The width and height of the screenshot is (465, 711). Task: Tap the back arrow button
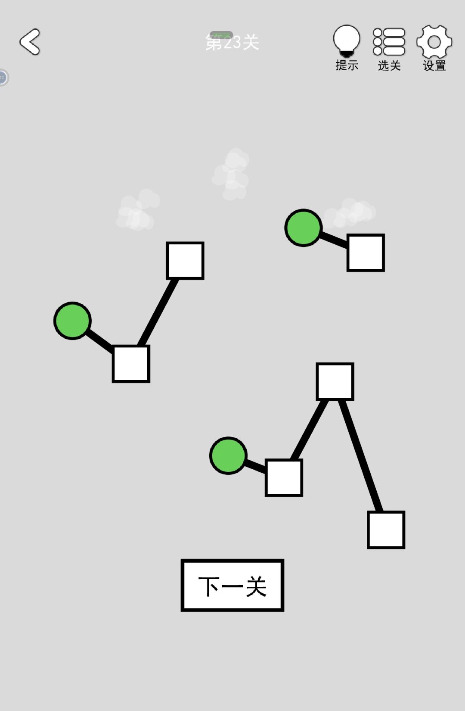(x=30, y=41)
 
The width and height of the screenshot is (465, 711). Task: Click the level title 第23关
(x=232, y=42)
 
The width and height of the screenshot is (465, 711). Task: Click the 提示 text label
(x=347, y=65)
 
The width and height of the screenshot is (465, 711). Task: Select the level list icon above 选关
(x=389, y=41)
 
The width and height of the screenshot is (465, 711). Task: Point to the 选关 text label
(x=389, y=65)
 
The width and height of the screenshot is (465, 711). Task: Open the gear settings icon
(x=434, y=41)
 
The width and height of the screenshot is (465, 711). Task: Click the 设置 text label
(x=434, y=65)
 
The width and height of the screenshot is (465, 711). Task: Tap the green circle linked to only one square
(x=304, y=228)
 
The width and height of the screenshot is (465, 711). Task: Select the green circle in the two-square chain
(x=72, y=321)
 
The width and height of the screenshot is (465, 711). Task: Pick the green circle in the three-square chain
(x=228, y=455)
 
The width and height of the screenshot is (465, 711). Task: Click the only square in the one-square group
(x=366, y=253)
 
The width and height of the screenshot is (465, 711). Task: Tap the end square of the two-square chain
(x=185, y=261)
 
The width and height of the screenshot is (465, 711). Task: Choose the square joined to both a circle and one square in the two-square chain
(x=131, y=364)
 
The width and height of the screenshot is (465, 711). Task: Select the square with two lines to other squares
(x=335, y=381)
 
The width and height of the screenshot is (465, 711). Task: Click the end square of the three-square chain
(x=386, y=530)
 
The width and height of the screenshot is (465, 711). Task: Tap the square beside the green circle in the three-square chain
(x=284, y=477)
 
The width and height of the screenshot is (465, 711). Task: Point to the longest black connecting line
(x=361, y=456)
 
